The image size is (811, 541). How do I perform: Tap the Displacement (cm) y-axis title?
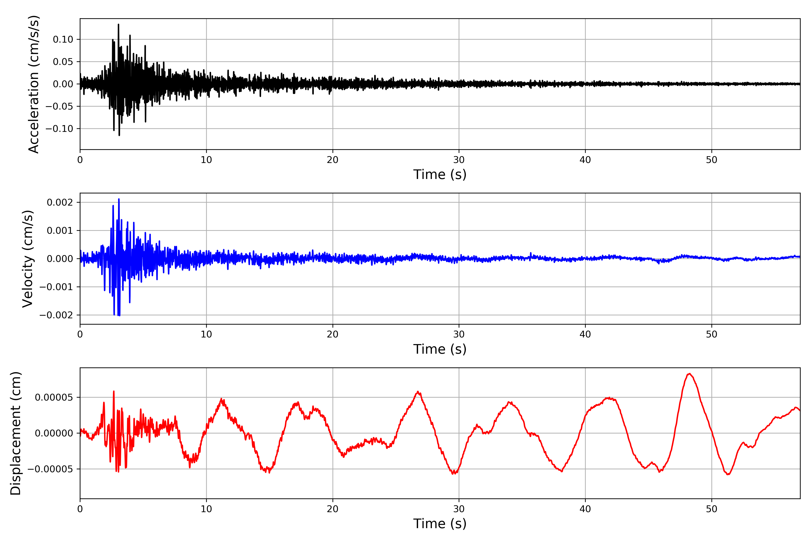pos(16,433)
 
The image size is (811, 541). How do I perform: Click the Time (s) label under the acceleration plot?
pos(440,174)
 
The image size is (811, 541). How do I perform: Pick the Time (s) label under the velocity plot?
pos(440,349)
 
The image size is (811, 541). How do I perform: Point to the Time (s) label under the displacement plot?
pos(440,524)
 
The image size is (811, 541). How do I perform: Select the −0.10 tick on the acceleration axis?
pos(60,129)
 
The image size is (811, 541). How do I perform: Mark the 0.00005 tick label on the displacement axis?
pos(54,397)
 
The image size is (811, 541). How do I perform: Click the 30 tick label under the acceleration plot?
pos(459,160)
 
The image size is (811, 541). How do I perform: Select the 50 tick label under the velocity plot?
pos(711,334)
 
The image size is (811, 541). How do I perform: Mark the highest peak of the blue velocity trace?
pos(119,199)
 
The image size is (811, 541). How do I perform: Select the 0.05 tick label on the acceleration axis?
pos(63,62)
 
